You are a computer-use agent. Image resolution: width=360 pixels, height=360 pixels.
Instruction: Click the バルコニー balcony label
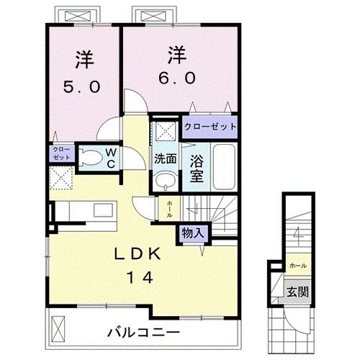pyautogui.click(x=143, y=333)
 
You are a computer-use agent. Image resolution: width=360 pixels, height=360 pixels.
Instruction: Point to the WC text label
pyautogui.click(x=112, y=158)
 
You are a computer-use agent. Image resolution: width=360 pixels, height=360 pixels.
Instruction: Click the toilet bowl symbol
pyautogui.click(x=91, y=158)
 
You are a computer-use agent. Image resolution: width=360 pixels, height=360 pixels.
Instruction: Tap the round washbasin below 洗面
pyautogui.click(x=165, y=181)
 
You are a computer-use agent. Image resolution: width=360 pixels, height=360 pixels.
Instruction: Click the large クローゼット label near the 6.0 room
pyautogui.click(x=209, y=127)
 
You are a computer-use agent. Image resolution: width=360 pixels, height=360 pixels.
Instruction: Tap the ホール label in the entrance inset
pyautogui.click(x=297, y=265)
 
